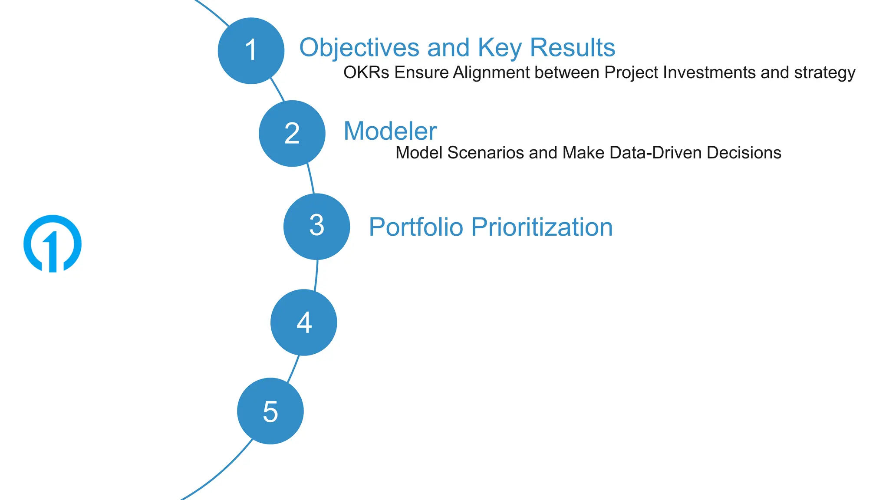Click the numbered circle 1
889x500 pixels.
coord(251,51)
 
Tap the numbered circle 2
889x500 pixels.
coord(292,133)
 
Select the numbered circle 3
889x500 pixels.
coord(316,226)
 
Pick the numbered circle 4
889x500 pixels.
coord(303,322)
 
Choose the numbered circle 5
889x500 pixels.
coord(270,411)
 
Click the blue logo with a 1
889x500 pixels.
coord(53,243)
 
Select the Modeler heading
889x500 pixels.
coord(390,131)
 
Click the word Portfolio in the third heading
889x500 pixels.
coord(415,227)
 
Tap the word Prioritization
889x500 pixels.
coord(542,227)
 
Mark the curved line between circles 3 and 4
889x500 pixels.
coord(316,275)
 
